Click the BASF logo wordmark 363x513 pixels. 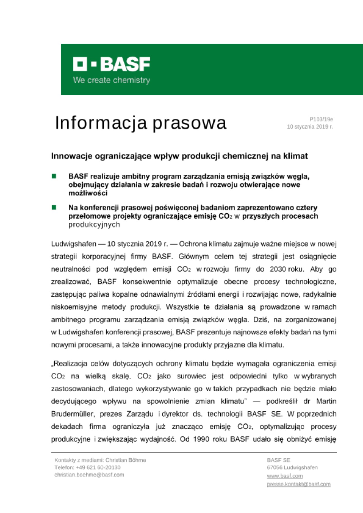coord(112,64)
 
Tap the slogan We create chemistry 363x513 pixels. coord(111,80)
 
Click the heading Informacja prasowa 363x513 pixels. coord(141,123)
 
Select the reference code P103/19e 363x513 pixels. coord(321,119)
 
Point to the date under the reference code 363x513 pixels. coord(310,126)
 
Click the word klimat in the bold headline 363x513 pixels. coord(295,156)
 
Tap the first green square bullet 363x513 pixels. coord(54,176)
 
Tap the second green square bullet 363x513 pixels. coord(54,207)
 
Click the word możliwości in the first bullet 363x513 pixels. coord(88,193)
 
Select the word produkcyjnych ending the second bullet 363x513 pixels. coord(94,224)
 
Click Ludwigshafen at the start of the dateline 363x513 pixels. coord(73,244)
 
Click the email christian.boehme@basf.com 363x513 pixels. coord(89,475)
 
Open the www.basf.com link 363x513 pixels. coord(285,476)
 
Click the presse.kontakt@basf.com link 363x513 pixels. coord(299,484)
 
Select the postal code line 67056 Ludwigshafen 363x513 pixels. coord(292,467)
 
